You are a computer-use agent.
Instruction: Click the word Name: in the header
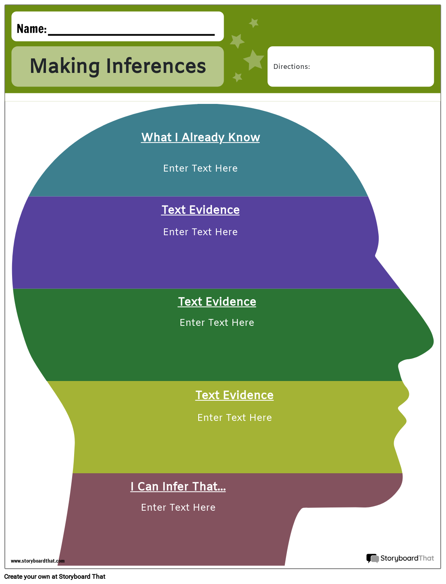coord(31,29)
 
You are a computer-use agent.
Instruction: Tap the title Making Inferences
coord(118,66)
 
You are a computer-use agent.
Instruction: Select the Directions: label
coord(292,67)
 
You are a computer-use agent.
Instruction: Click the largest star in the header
coord(254,60)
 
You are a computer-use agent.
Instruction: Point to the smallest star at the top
coord(253,23)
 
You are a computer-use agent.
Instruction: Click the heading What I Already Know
coord(201,137)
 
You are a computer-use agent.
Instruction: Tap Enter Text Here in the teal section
coord(200,168)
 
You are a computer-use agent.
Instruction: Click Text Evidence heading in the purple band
coord(201,210)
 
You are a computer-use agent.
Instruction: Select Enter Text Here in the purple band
coord(200,232)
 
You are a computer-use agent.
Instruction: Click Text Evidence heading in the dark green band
coord(217,302)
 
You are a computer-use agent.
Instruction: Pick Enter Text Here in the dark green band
coord(217,323)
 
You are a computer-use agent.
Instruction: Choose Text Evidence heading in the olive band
coord(234,395)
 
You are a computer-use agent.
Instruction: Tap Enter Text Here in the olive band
coord(234,418)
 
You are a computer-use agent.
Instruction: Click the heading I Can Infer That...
coord(178,487)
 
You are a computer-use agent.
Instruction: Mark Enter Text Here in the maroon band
coord(178,507)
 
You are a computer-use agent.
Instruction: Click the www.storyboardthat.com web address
coord(37,561)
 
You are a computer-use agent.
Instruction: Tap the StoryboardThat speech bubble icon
coord(372,558)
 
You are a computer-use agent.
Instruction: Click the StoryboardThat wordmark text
coord(407,558)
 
